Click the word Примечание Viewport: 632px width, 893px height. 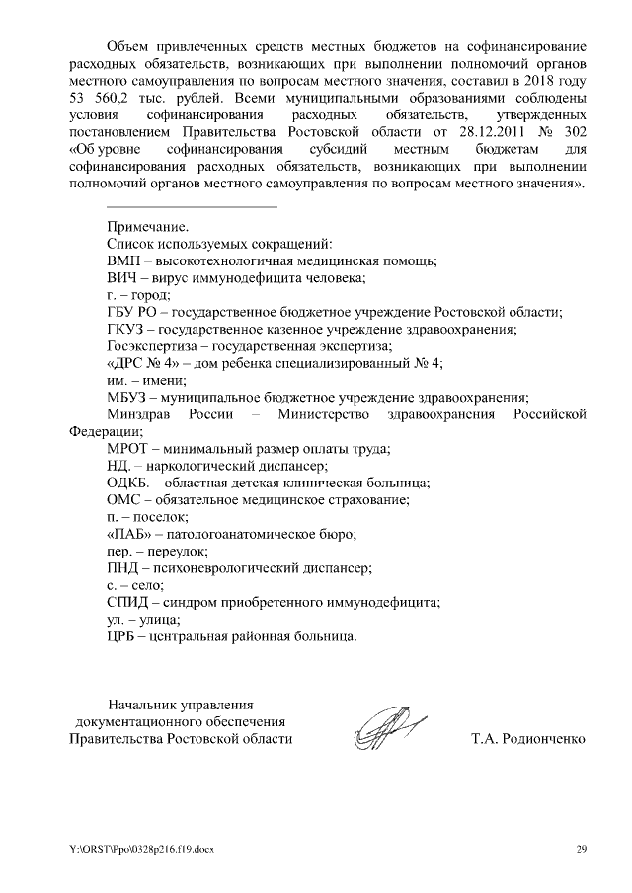[x=147, y=226]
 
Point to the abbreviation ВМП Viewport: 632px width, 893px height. [x=124, y=261]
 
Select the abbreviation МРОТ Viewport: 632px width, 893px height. [x=128, y=449]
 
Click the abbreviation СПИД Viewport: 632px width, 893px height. [x=128, y=602]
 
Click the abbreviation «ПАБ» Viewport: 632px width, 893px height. [x=129, y=534]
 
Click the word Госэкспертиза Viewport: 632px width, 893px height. [x=151, y=346]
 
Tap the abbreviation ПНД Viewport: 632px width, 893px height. [x=123, y=568]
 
